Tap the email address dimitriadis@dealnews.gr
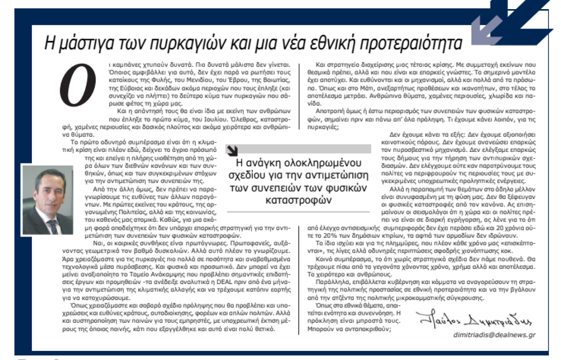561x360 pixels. click(x=494, y=335)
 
